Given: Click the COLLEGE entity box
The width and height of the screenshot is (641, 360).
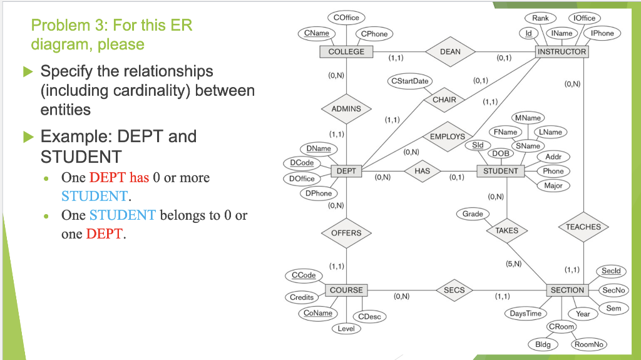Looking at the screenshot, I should point(346,51).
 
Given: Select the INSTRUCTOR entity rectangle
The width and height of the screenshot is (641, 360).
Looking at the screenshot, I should point(562,51).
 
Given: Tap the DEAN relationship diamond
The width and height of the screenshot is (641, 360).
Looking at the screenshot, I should point(450,52).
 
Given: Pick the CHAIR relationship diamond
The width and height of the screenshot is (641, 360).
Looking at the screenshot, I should point(444,100).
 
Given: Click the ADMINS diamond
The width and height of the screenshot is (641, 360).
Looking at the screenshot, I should point(346,108).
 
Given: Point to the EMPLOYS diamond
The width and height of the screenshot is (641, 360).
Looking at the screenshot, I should point(448,136).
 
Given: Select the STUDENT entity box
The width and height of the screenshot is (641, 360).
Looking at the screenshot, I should point(501,171).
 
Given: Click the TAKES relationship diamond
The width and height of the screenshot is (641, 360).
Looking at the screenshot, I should point(506,230).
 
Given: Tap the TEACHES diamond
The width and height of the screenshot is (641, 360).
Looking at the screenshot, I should point(583,227).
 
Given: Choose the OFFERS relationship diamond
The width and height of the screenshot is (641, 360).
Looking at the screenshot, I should point(346,233).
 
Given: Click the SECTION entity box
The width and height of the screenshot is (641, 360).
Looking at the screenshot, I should point(567,290).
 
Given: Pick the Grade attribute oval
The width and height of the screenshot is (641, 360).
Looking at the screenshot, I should point(473,214).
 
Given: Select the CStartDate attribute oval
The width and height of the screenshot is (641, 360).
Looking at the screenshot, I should point(410,81).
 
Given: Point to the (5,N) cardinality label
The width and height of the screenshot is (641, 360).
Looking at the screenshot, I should point(513,264).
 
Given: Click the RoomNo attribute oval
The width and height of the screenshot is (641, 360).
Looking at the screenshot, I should point(589,344).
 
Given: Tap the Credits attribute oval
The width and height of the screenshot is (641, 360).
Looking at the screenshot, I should point(302,297).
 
